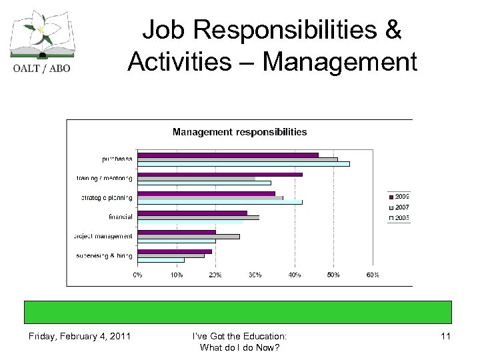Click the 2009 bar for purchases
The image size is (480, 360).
point(227,155)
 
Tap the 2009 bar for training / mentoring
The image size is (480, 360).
point(219,174)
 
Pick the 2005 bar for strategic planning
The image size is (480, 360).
point(219,202)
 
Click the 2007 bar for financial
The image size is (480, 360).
point(198,217)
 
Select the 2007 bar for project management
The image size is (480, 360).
point(188,236)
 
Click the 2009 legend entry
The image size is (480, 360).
point(399,196)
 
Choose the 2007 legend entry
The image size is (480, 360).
point(399,207)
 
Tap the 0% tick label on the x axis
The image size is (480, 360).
point(137,274)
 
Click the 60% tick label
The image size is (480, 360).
point(373,274)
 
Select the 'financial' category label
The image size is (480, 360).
point(121,217)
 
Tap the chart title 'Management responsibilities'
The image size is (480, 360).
point(239,132)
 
